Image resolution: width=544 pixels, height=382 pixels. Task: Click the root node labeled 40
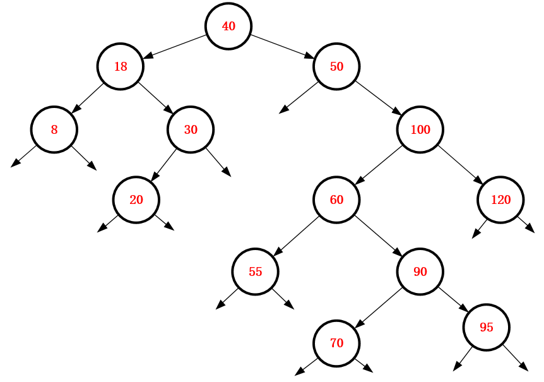pyautogui.click(x=228, y=26)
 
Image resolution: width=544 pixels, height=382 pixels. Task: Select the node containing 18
pyautogui.click(x=121, y=66)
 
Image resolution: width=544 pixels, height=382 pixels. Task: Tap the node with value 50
pyautogui.click(x=336, y=66)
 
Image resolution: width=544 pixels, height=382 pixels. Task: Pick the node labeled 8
pyautogui.click(x=54, y=129)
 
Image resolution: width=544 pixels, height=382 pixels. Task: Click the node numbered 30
pyautogui.click(x=191, y=129)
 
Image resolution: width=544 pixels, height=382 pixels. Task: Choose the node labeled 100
pyautogui.click(x=420, y=129)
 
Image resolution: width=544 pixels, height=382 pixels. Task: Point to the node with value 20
pyautogui.click(x=136, y=200)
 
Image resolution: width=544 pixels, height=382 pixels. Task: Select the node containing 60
pyautogui.click(x=336, y=200)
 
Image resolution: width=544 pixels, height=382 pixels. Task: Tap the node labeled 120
pyautogui.click(x=500, y=200)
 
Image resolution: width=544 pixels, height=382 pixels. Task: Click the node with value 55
pyautogui.click(x=255, y=272)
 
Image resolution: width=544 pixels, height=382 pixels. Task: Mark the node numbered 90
pyautogui.click(x=420, y=272)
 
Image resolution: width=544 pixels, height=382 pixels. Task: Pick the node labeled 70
pyautogui.click(x=336, y=343)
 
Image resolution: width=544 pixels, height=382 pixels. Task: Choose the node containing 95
pyautogui.click(x=486, y=327)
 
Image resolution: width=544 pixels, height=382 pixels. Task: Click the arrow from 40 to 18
pyautogui.click(x=175, y=46)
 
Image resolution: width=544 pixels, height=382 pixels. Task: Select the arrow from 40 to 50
pyautogui.click(x=283, y=46)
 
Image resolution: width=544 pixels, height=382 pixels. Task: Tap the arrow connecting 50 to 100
pyautogui.click(x=378, y=98)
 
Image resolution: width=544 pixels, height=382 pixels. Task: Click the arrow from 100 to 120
pyautogui.click(x=461, y=165)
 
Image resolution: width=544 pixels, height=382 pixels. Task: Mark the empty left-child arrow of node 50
pyautogui.click(x=299, y=98)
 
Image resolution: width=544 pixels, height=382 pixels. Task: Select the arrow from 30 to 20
pyautogui.click(x=163, y=165)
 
